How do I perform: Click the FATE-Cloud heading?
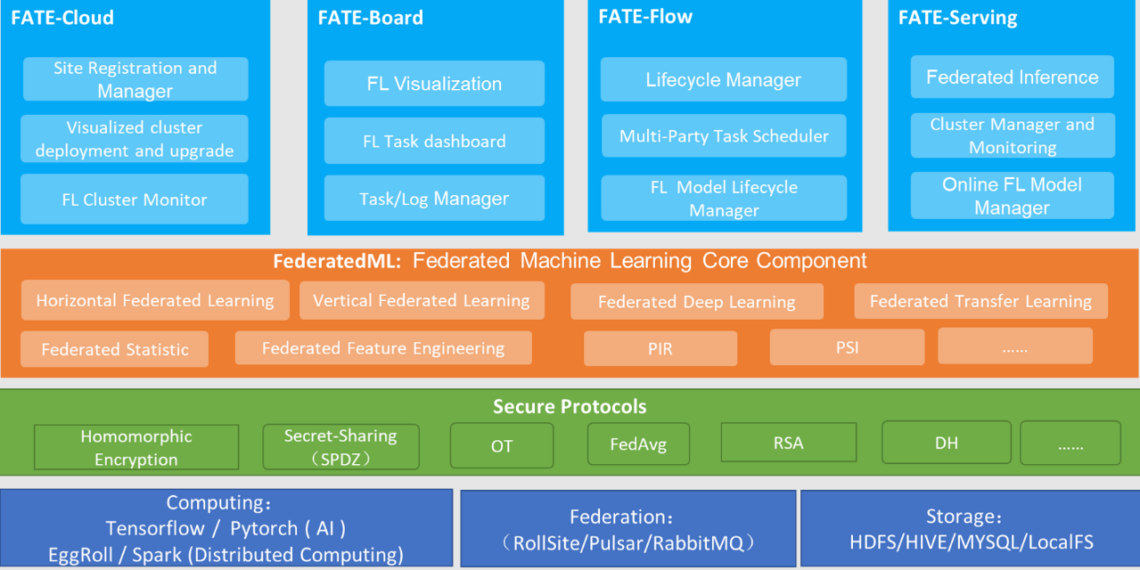click(62, 18)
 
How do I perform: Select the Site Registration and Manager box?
click(135, 79)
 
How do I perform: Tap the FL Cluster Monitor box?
click(135, 199)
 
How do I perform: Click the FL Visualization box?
click(434, 83)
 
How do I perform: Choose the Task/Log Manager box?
click(434, 199)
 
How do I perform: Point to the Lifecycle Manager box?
click(723, 80)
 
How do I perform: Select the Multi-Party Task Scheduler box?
click(723, 136)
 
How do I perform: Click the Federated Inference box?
click(1012, 77)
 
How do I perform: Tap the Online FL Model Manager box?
click(1012, 196)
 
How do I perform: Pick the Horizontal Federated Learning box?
click(155, 300)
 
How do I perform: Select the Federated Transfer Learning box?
click(980, 301)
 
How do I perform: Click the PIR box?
click(660, 348)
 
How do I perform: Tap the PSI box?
click(847, 347)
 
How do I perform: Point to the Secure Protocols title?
click(569, 407)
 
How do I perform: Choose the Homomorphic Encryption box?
click(136, 447)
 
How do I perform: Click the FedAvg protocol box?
click(638, 444)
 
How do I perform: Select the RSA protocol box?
click(788, 442)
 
